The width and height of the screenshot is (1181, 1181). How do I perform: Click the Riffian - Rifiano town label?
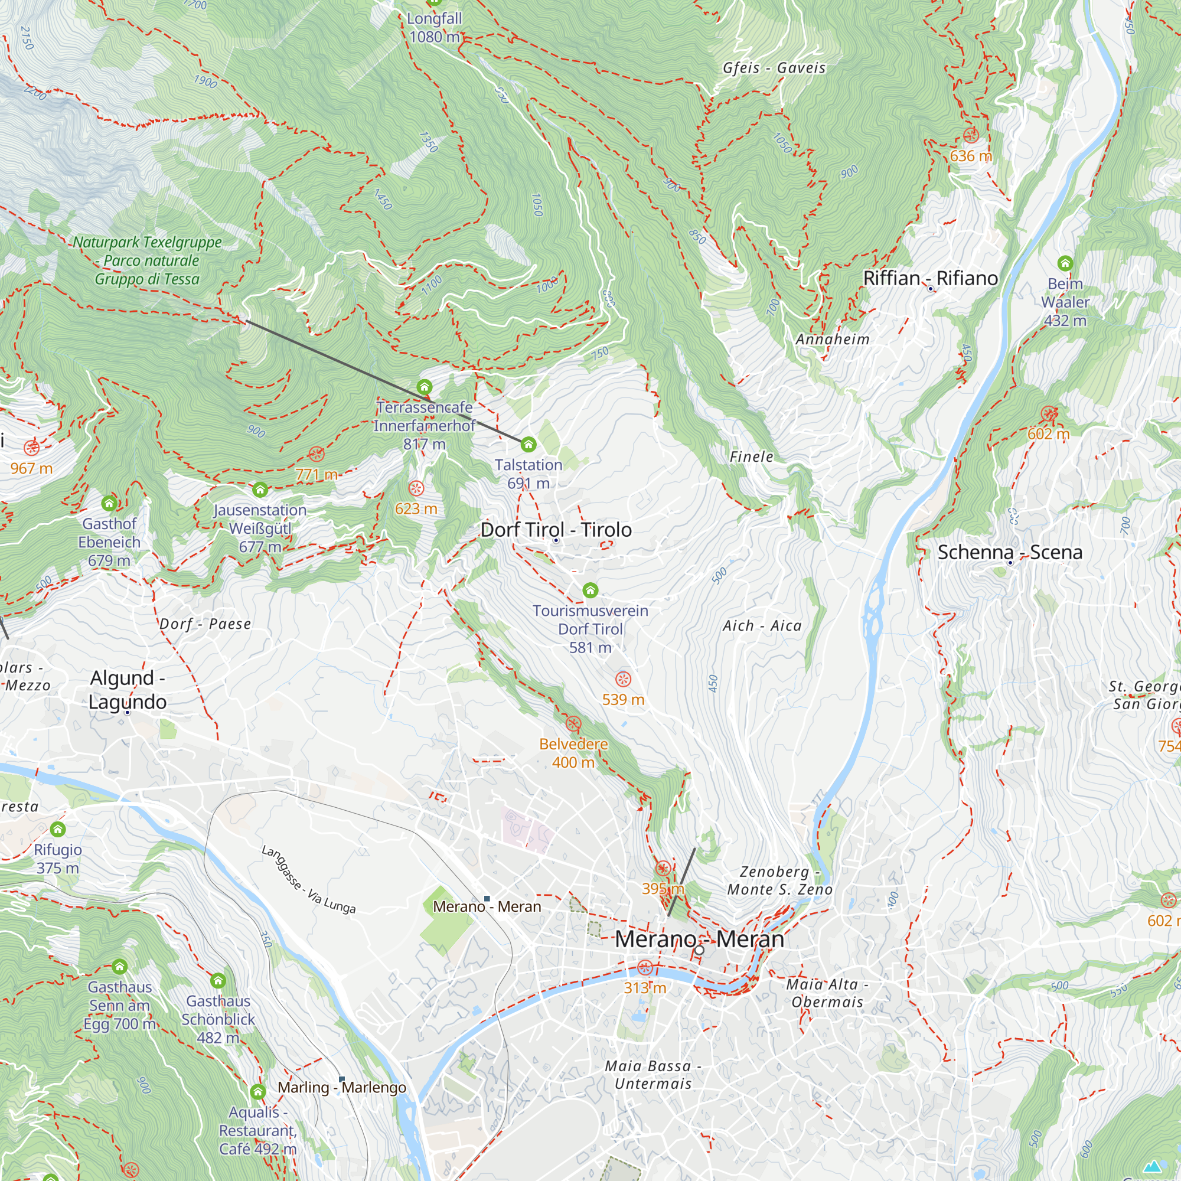click(930, 278)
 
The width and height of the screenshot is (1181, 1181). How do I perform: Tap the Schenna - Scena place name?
click(1010, 552)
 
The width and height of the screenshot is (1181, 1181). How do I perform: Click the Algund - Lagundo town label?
click(127, 690)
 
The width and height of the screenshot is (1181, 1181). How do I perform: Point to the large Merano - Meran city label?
click(699, 939)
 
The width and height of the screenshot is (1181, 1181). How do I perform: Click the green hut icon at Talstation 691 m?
click(528, 445)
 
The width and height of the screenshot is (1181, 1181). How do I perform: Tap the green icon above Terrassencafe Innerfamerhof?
click(424, 387)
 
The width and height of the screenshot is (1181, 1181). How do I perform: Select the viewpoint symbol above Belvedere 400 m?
click(573, 725)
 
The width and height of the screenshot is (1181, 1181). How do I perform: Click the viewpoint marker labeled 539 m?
click(623, 679)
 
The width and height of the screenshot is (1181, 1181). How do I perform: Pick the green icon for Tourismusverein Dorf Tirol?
click(590, 590)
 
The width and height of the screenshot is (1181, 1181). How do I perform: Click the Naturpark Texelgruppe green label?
click(147, 260)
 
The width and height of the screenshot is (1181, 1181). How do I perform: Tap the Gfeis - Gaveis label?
click(774, 68)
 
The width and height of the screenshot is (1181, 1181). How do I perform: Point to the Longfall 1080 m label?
click(434, 28)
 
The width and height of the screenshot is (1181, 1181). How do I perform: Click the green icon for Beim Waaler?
click(1065, 263)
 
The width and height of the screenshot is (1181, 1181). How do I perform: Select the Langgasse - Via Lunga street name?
click(308, 880)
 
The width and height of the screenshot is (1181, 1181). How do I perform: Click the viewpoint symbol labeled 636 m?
click(971, 135)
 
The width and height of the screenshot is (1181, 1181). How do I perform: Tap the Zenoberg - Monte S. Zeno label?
click(779, 880)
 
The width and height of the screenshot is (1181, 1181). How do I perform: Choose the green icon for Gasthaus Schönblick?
click(218, 981)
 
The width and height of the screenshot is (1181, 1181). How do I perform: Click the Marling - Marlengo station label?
click(341, 1088)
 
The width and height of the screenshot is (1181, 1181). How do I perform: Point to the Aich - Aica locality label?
click(762, 625)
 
